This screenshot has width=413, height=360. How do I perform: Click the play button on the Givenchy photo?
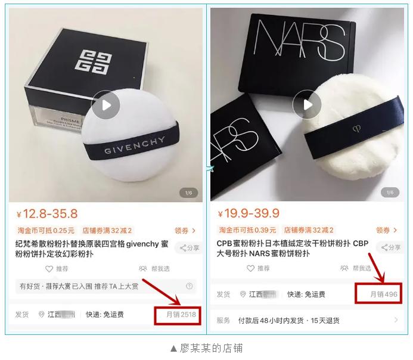(x=105, y=105)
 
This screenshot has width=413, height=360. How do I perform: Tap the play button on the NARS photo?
(x=308, y=104)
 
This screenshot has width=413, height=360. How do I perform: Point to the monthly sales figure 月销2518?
(x=176, y=314)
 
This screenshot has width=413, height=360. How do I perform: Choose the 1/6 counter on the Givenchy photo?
(x=189, y=193)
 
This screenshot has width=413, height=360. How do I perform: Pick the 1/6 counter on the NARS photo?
(x=390, y=193)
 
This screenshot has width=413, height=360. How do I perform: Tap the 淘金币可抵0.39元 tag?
(x=248, y=231)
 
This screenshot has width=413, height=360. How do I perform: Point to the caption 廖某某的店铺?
(x=206, y=348)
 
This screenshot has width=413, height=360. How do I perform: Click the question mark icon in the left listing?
(x=190, y=286)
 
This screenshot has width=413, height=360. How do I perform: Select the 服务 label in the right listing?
(x=223, y=320)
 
